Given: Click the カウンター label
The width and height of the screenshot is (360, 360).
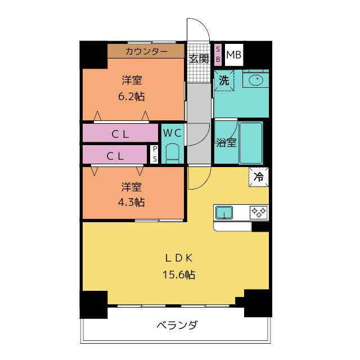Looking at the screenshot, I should (146, 52).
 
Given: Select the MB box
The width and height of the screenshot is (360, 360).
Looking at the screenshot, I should (234, 55).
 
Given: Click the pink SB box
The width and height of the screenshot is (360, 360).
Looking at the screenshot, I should (218, 55).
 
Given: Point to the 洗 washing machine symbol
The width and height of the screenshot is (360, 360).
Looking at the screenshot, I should (224, 80).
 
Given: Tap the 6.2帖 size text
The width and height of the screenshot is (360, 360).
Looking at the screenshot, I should (131, 96).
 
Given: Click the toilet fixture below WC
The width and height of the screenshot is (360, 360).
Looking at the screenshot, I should (172, 154).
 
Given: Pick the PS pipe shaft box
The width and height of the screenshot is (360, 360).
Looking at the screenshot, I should (155, 154).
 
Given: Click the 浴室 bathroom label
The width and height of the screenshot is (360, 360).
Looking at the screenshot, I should (226, 142).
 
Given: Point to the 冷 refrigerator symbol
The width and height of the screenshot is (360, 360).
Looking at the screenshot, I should (259, 177).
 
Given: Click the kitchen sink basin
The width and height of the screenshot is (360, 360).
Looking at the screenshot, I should (225, 213).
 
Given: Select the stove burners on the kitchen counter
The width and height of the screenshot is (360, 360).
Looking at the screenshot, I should (258, 212).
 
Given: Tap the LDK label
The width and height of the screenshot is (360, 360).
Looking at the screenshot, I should (179, 259).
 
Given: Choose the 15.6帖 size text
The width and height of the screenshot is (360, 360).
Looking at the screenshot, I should (179, 275).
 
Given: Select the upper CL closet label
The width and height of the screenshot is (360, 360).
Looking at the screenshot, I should (119, 134).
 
